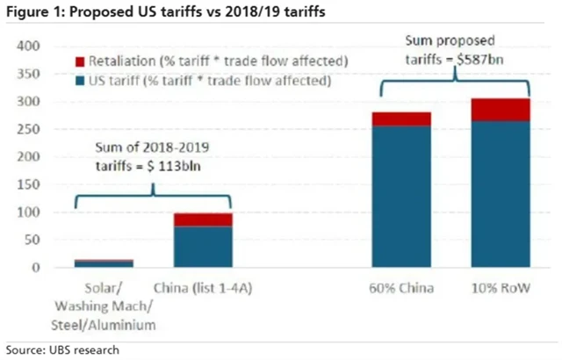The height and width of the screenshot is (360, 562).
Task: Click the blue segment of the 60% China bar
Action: [x=401, y=196]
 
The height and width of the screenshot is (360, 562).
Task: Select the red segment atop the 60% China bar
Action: [x=401, y=119]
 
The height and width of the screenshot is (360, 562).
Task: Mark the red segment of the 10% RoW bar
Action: [x=501, y=109]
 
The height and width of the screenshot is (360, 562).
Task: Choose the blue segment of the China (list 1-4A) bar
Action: [x=203, y=246]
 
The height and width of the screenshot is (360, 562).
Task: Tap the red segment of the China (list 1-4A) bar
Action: [x=203, y=220]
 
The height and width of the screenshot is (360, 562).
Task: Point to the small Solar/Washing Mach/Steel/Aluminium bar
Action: [x=104, y=263]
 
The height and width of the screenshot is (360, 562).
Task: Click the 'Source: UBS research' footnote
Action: [x=61, y=349]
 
